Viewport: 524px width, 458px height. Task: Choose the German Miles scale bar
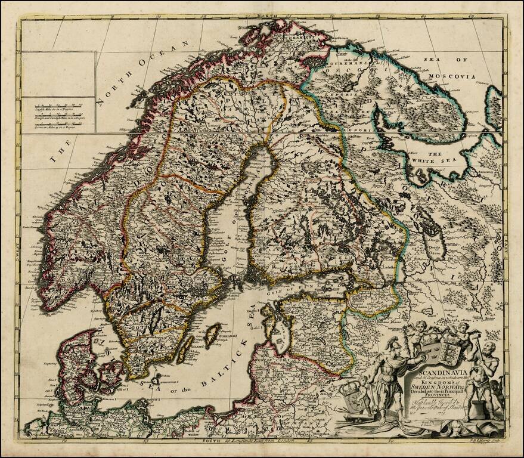click(57, 126)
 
